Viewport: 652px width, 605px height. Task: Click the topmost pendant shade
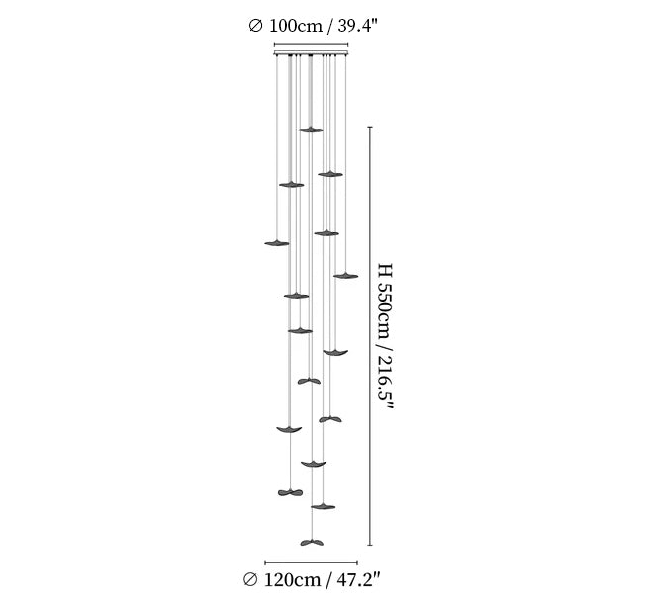click(311, 130)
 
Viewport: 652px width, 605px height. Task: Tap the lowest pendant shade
click(312, 543)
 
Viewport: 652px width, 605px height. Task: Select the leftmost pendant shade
click(277, 243)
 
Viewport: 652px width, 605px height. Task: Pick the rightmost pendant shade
click(345, 275)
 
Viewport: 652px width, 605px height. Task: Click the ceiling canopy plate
click(311, 52)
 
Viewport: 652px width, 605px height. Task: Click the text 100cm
click(296, 26)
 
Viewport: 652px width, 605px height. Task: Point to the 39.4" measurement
click(357, 26)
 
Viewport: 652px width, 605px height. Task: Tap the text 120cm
click(293, 579)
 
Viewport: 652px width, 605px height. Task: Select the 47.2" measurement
click(358, 579)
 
